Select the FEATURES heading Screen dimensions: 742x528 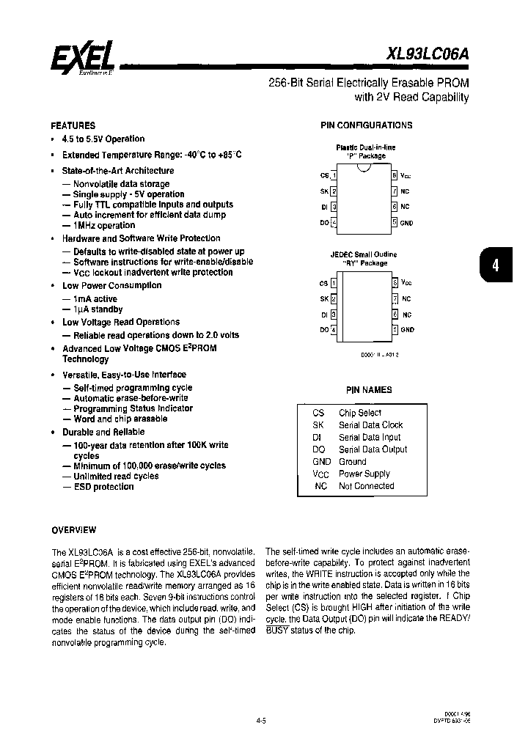(x=73, y=125)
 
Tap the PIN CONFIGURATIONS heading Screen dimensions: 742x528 (x=367, y=125)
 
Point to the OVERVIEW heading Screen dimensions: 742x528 (x=73, y=529)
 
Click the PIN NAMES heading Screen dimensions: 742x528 (x=369, y=390)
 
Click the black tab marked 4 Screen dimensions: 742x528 (x=495, y=265)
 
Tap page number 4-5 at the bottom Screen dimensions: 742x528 (x=261, y=721)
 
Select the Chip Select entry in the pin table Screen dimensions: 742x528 (x=359, y=413)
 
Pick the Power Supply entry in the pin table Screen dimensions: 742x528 (x=364, y=474)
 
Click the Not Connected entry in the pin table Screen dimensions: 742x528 (x=366, y=485)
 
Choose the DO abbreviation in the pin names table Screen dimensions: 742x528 (x=318, y=449)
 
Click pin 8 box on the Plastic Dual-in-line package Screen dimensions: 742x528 (x=394, y=176)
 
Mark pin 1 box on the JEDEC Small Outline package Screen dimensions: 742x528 (x=334, y=282)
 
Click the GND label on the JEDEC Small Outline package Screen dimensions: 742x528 (x=407, y=329)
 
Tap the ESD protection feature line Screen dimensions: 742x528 (x=103, y=487)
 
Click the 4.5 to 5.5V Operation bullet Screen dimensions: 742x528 (x=103, y=139)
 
